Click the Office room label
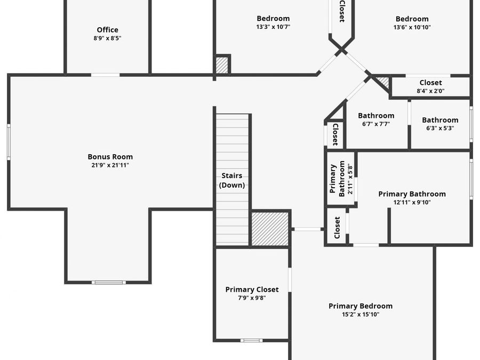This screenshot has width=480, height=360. click(107, 30)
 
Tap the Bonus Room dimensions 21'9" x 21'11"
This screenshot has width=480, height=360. click(110, 165)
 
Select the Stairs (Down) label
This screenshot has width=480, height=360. click(232, 180)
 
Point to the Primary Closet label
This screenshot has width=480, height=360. click(252, 289)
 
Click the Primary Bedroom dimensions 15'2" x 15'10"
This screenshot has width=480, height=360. click(361, 314)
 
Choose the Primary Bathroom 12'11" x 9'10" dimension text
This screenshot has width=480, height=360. click(412, 202)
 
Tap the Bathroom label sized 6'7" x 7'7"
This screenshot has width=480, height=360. click(376, 116)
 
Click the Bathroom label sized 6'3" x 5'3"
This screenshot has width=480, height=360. click(440, 120)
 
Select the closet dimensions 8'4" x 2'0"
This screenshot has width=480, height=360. click(430, 91)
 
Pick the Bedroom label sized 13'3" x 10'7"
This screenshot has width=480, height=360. click(273, 18)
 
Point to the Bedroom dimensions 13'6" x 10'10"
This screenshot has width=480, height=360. click(412, 27)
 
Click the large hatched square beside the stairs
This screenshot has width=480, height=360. click(270, 229)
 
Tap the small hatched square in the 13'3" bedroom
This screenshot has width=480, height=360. click(222, 65)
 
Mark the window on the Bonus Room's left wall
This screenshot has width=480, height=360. click(9, 142)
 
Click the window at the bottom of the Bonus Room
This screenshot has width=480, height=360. click(109, 282)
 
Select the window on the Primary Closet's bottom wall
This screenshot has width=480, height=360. click(251, 340)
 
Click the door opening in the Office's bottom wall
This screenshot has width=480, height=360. click(105, 75)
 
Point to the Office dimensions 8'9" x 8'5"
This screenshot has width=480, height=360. click(107, 38)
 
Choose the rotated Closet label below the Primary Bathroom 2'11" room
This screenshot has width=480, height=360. click(337, 228)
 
